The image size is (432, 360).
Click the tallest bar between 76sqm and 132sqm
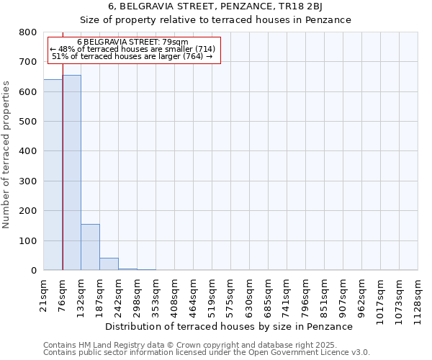pos(71,173)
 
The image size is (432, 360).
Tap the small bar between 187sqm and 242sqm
pos(109,264)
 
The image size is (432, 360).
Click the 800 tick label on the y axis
pos(28,32)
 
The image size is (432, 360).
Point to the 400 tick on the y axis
pos(28,151)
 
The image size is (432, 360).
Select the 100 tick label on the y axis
pos(28,240)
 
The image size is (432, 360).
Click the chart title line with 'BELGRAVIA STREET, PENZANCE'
pos(215,7)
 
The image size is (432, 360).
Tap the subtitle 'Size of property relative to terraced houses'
pos(215,20)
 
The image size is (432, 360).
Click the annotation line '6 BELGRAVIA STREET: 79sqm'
pos(132,42)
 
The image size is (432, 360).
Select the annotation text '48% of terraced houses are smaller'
pos(132,49)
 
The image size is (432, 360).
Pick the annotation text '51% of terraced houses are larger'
pos(132,56)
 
